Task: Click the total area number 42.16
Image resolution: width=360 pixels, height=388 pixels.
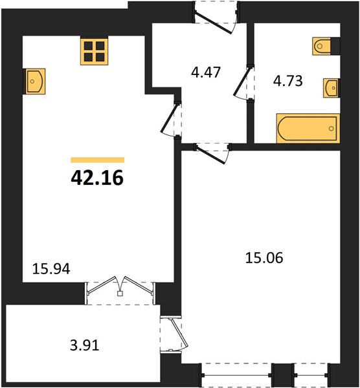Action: click(97, 178)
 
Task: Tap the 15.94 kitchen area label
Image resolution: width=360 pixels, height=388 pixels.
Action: click(51, 269)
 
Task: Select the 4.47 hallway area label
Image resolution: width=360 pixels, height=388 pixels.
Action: click(206, 72)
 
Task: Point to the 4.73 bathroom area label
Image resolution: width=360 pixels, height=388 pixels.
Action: click(288, 81)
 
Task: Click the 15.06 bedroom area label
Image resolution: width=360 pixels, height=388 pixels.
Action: click(264, 258)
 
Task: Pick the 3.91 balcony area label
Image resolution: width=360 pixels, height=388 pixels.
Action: click(84, 345)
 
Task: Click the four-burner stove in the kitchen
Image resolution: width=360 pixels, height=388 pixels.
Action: click(94, 51)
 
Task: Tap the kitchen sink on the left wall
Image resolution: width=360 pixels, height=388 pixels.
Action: click(36, 81)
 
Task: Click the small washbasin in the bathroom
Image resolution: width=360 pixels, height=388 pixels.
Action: click(331, 88)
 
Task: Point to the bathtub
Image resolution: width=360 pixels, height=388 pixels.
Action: click(308, 129)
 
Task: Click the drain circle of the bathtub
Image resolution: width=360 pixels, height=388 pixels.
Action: click(332, 129)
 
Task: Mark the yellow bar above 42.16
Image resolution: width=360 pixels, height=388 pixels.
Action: click(97, 160)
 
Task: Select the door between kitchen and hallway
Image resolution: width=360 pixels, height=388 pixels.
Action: click(171, 120)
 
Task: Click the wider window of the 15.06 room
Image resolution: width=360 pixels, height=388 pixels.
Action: click(236, 375)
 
